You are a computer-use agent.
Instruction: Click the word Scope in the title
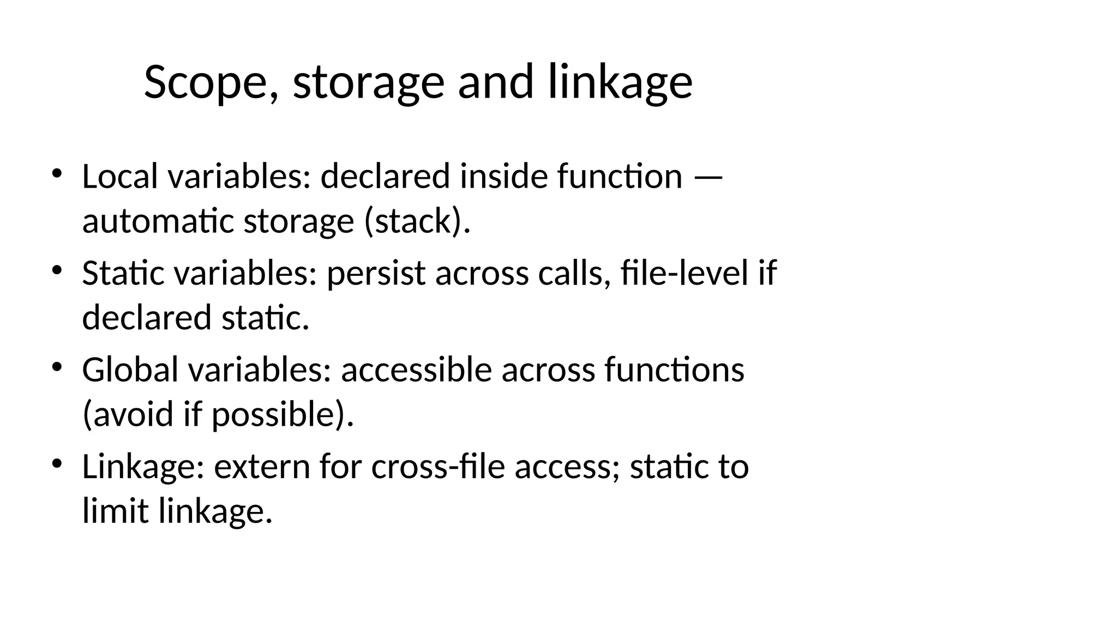pos(207,82)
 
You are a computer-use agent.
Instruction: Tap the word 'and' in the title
pos(495,82)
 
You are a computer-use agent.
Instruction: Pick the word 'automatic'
pos(158,221)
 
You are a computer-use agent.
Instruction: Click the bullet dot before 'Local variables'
pos(57,174)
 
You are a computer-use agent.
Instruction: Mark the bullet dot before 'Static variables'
pos(57,270)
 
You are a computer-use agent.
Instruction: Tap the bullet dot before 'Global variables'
pos(57,367)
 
